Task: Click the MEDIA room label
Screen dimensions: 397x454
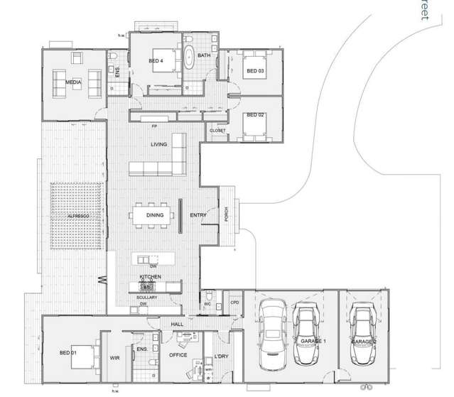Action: (x=73, y=82)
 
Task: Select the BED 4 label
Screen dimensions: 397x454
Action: (x=156, y=61)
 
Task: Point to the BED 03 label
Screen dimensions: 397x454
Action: (x=255, y=71)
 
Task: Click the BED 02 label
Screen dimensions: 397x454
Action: (x=255, y=115)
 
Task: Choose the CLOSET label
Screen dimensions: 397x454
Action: (x=217, y=131)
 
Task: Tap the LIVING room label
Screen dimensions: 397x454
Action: (x=158, y=144)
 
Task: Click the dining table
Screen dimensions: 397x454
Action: (x=155, y=215)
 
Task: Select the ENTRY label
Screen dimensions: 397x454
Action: (x=198, y=215)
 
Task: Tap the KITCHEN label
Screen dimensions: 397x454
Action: (x=150, y=276)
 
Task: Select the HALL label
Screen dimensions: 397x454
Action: (x=177, y=324)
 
